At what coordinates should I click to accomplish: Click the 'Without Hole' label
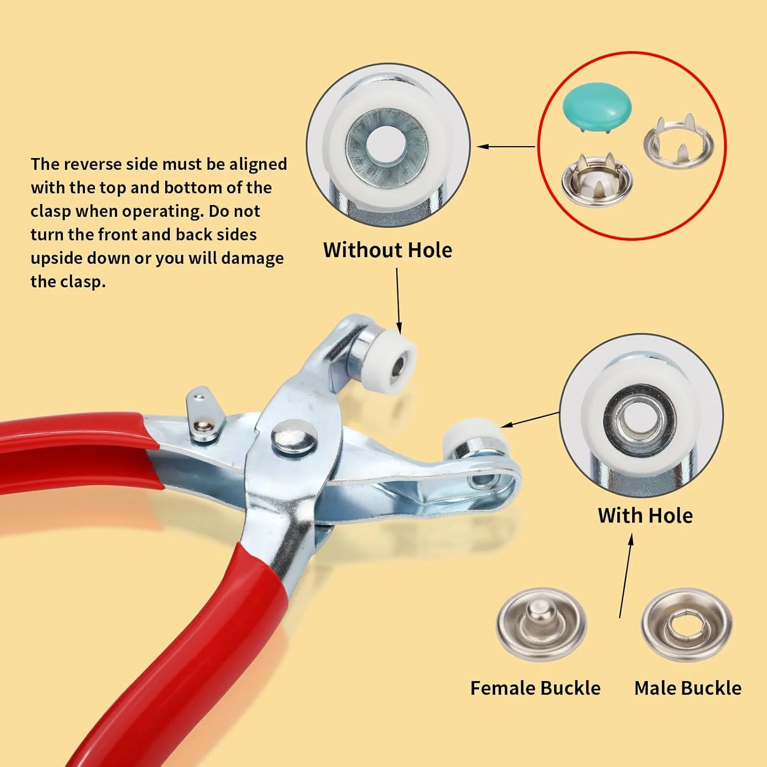click(x=388, y=250)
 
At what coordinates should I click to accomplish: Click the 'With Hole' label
click(x=645, y=515)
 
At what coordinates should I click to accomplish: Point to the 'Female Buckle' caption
click(x=535, y=688)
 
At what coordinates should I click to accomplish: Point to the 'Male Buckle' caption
click(x=688, y=688)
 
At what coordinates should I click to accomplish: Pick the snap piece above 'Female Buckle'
click(x=542, y=624)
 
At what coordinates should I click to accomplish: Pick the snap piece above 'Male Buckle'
click(x=687, y=624)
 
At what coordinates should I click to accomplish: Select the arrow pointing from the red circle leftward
click(x=506, y=147)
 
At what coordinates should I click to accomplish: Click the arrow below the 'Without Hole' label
click(x=398, y=301)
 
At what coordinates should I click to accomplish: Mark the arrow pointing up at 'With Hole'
click(x=626, y=576)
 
